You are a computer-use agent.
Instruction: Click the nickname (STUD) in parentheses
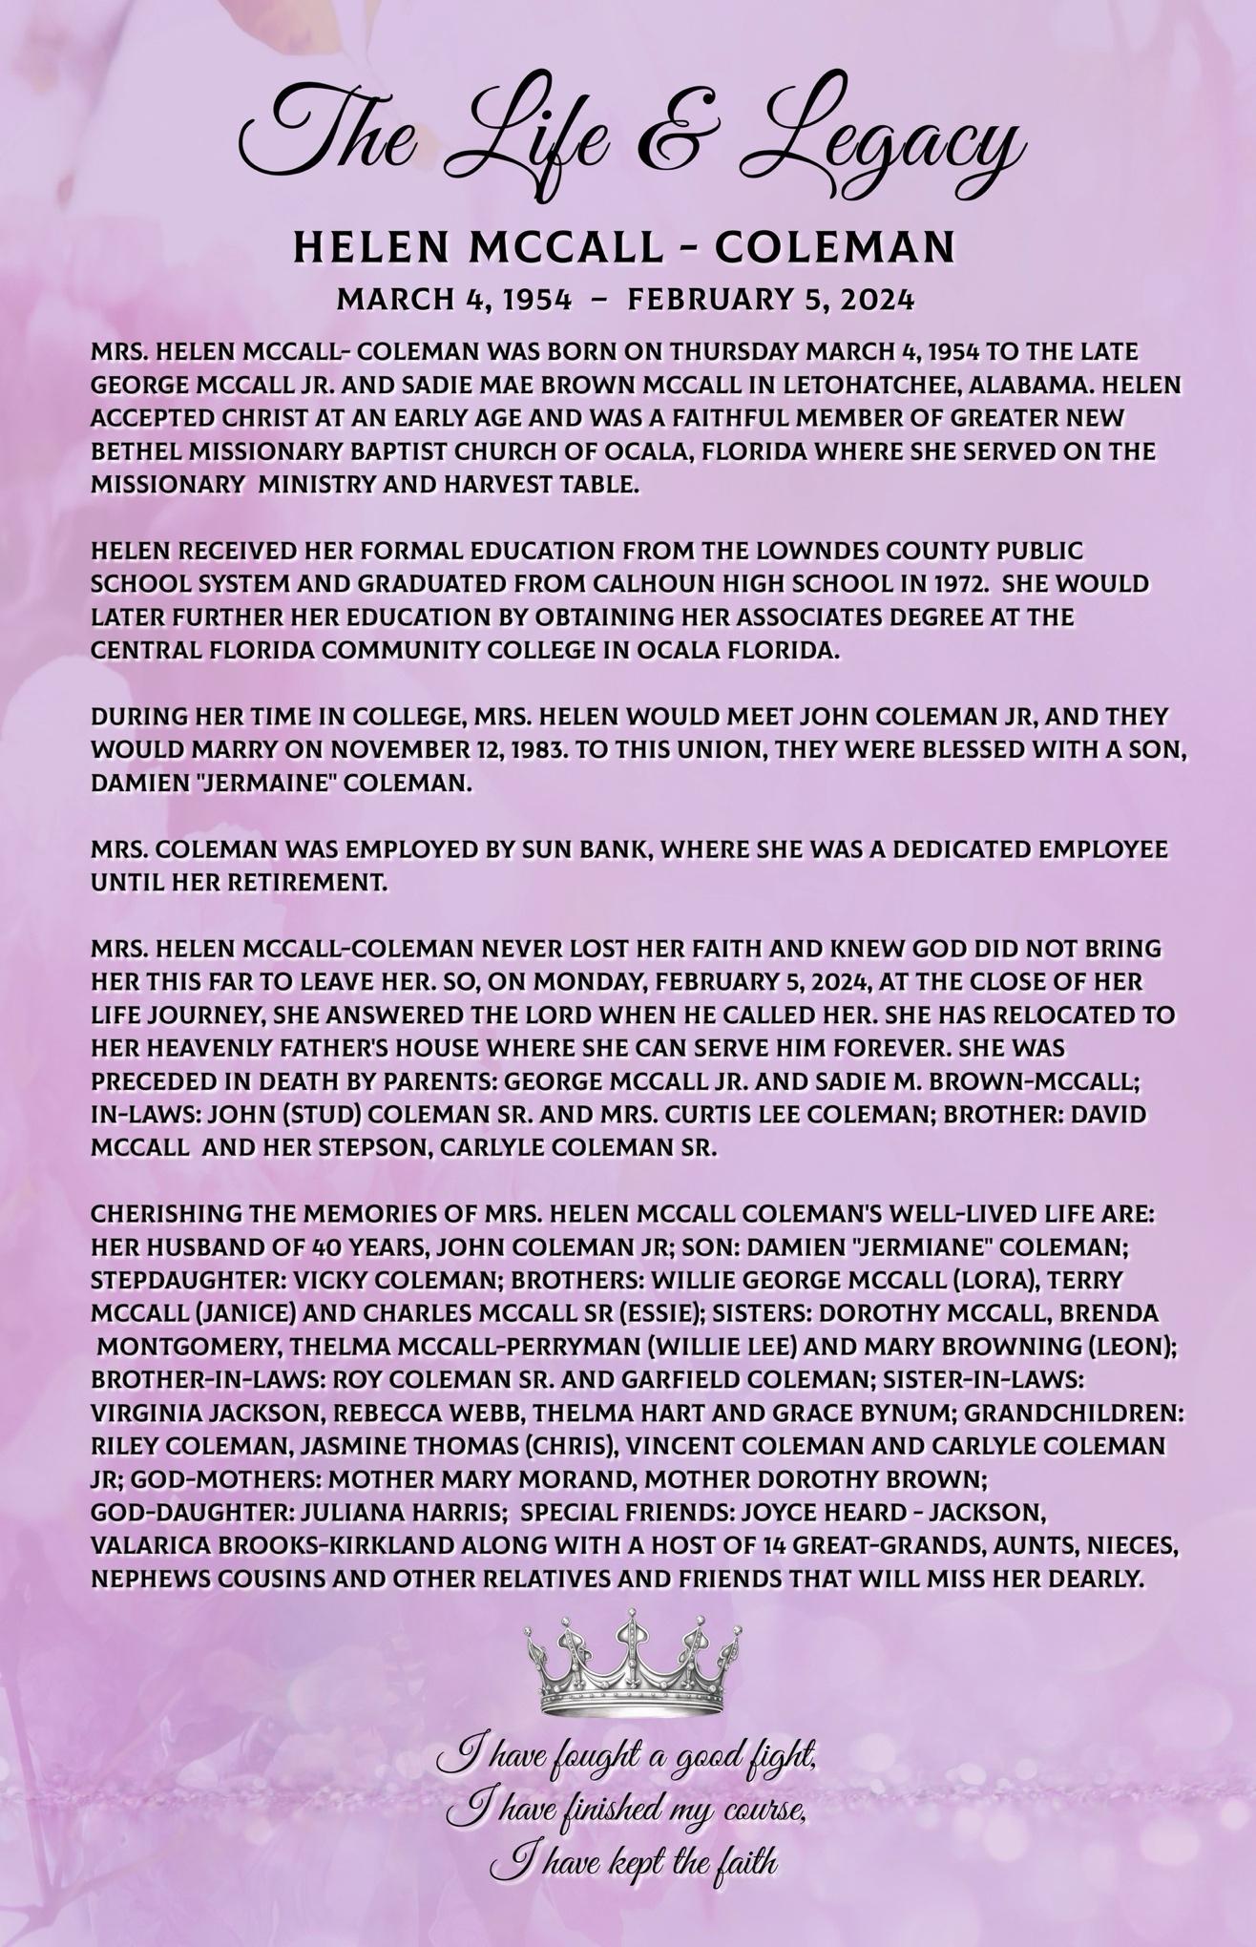click(x=329, y=1115)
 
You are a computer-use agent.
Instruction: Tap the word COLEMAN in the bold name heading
click(x=835, y=248)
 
